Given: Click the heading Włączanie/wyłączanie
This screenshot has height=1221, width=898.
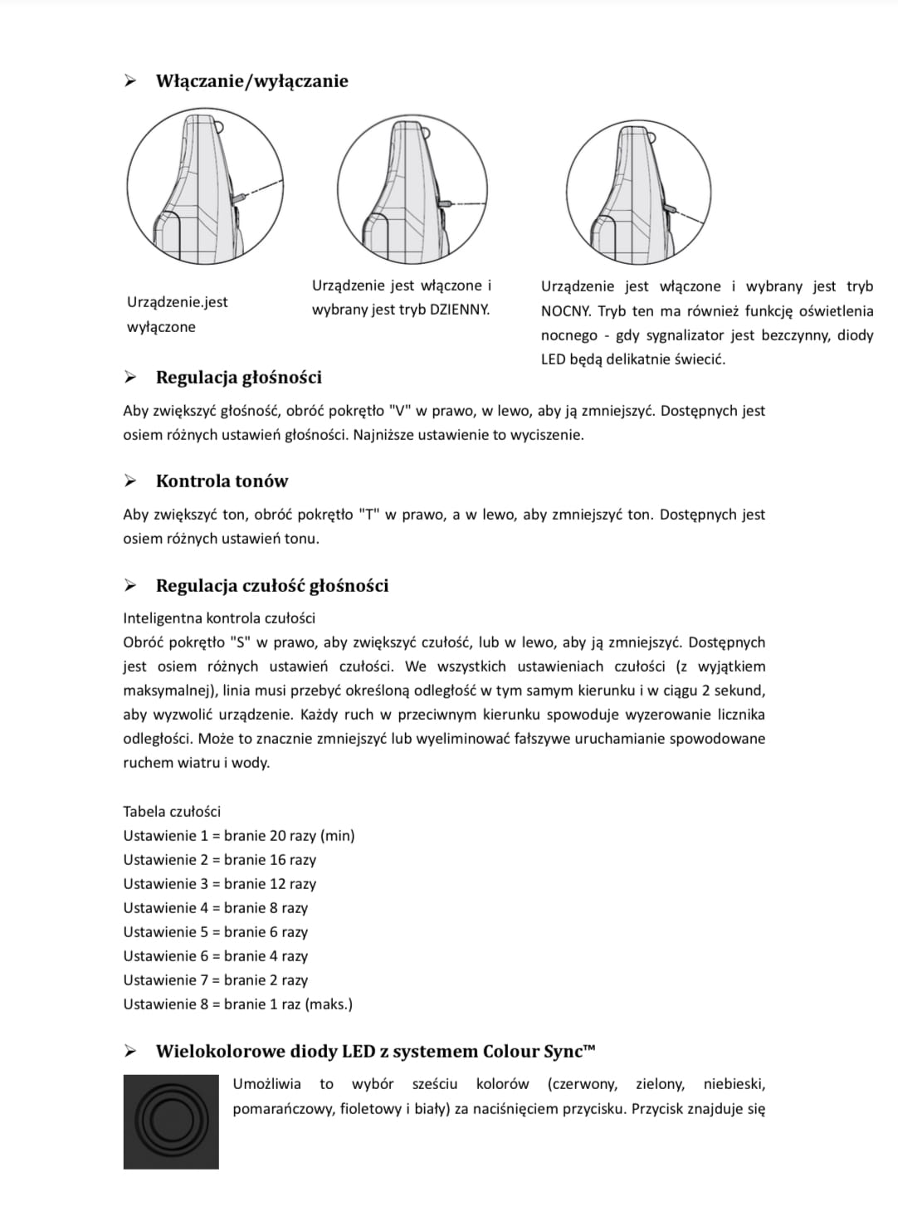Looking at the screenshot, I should click(251, 81).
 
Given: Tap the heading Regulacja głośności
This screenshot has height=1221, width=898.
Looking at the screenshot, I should click(238, 378).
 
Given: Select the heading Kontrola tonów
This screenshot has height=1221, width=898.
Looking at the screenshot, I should click(222, 481).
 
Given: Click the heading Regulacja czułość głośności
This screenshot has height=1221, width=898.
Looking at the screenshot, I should click(271, 586).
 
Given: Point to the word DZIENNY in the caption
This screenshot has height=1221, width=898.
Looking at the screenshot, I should click(459, 310).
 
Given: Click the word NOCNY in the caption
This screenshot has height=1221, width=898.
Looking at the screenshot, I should click(564, 311).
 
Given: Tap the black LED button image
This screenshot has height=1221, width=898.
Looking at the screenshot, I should click(171, 1121).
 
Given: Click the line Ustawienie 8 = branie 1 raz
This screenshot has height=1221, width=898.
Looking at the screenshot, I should click(237, 1004).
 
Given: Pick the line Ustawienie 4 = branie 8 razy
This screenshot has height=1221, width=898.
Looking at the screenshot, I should click(215, 908).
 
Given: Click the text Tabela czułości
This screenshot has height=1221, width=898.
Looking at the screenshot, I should click(172, 812).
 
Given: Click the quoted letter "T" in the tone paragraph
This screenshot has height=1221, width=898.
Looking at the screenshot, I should click(369, 515).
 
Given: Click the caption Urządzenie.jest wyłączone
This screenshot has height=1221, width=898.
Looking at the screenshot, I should click(177, 315).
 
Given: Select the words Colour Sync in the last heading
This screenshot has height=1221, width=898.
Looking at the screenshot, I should click(535, 1052).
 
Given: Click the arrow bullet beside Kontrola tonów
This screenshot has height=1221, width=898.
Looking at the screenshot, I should click(129, 481).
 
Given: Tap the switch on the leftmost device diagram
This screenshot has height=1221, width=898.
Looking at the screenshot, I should click(240, 197).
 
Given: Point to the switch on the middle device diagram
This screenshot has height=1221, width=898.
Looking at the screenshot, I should click(445, 203).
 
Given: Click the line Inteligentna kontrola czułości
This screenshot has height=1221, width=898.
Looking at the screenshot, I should click(219, 618).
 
